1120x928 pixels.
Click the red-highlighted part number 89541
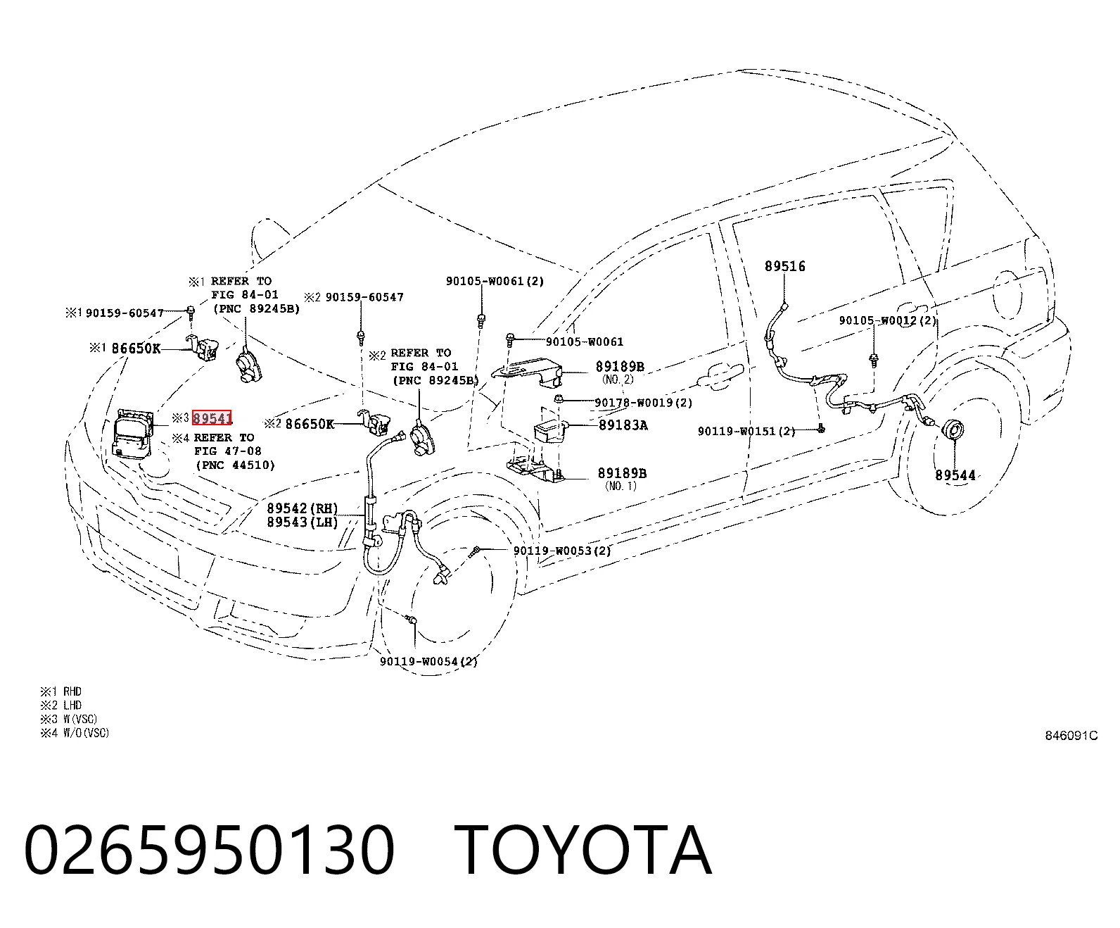click(212, 418)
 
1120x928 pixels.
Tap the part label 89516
click(784, 266)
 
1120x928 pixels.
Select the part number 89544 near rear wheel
click(955, 475)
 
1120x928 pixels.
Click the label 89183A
click(623, 425)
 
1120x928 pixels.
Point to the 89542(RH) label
click(303, 508)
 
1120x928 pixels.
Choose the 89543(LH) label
click(303, 522)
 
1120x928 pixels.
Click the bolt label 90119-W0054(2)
click(428, 662)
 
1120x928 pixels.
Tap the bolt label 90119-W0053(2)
click(562, 551)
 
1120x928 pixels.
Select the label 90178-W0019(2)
click(644, 403)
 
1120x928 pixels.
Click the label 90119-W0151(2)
click(746, 431)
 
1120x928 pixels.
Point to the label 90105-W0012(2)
click(888, 320)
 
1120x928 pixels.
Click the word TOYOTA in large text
click(583, 850)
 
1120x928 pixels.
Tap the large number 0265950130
click(209, 850)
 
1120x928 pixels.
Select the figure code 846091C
click(1071, 736)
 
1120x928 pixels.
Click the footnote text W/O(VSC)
click(86, 733)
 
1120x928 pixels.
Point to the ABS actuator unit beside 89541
click(133, 434)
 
